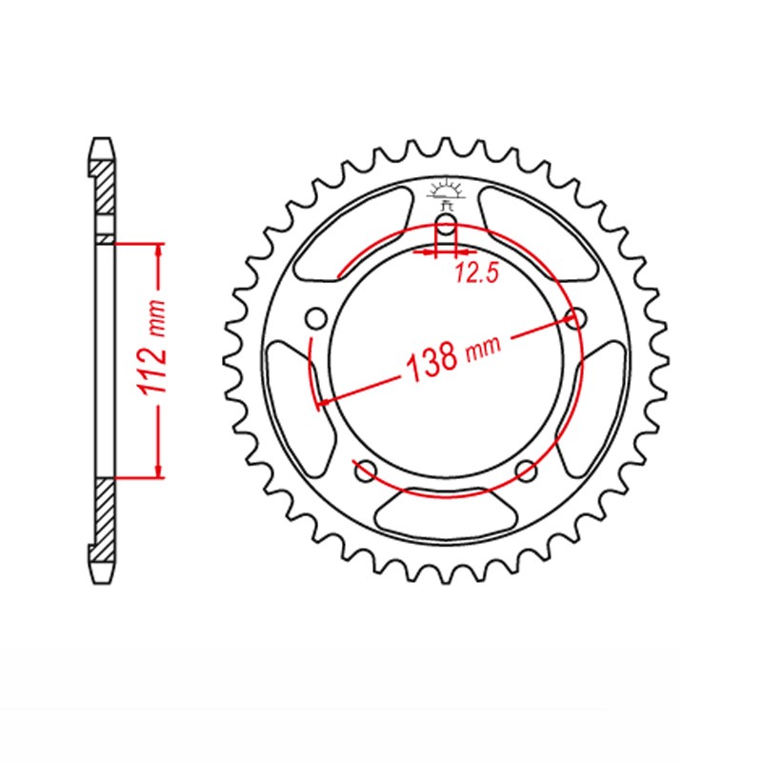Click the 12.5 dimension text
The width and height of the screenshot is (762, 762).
(x=477, y=274)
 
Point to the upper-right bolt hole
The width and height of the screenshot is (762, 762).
(x=574, y=317)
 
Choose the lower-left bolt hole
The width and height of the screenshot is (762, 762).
(x=362, y=469)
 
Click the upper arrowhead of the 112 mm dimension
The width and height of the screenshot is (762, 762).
(x=157, y=251)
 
